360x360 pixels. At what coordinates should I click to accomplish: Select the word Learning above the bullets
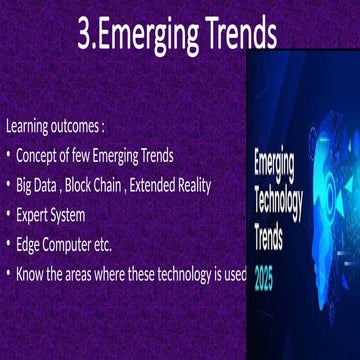point(29,128)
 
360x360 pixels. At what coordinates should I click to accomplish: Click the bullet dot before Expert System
point(8,215)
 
